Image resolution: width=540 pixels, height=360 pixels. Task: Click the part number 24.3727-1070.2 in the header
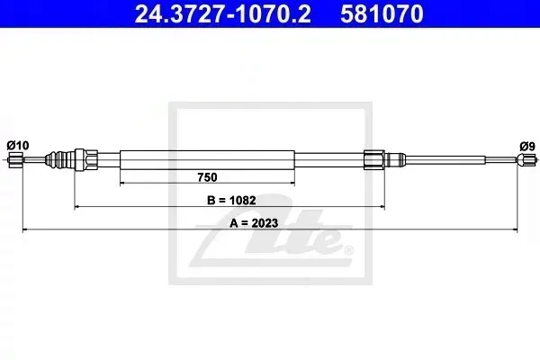pyautogui.click(x=222, y=13)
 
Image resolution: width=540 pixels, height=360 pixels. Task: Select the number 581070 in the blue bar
pyautogui.click(x=382, y=13)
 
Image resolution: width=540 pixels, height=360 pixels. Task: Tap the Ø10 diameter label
pyautogui.click(x=18, y=146)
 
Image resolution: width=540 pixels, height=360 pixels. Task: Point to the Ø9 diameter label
pyautogui.click(x=527, y=147)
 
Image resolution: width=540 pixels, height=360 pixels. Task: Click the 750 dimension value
pyautogui.click(x=207, y=177)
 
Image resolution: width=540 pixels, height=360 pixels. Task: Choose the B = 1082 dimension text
pyautogui.click(x=231, y=200)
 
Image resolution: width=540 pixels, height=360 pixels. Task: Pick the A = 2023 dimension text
pyautogui.click(x=254, y=223)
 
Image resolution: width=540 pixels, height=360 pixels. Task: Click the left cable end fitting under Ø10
pyautogui.click(x=15, y=160)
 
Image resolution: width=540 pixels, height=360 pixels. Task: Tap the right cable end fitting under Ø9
pyautogui.click(x=526, y=160)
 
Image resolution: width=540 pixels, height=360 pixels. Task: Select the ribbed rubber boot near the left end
pyautogui.click(x=59, y=160)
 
